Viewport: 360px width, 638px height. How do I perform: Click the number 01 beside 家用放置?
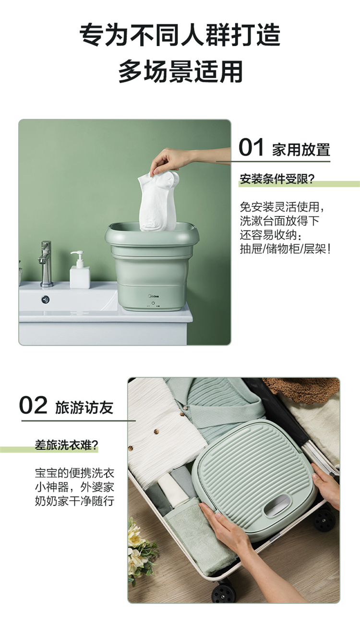(251, 147)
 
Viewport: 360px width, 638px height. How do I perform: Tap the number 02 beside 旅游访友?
(33, 405)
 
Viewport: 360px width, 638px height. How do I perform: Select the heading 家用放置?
(301, 149)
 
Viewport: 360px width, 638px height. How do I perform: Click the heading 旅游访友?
(84, 408)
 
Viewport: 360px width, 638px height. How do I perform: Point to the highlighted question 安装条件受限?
(277, 179)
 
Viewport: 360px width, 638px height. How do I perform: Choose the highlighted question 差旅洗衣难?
(67, 445)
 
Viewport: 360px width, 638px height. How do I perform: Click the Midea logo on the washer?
(154, 296)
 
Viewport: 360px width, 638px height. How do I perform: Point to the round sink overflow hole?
(46, 300)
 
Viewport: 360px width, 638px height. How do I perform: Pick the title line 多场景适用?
(180, 71)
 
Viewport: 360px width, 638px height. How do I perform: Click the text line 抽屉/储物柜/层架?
(285, 249)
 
